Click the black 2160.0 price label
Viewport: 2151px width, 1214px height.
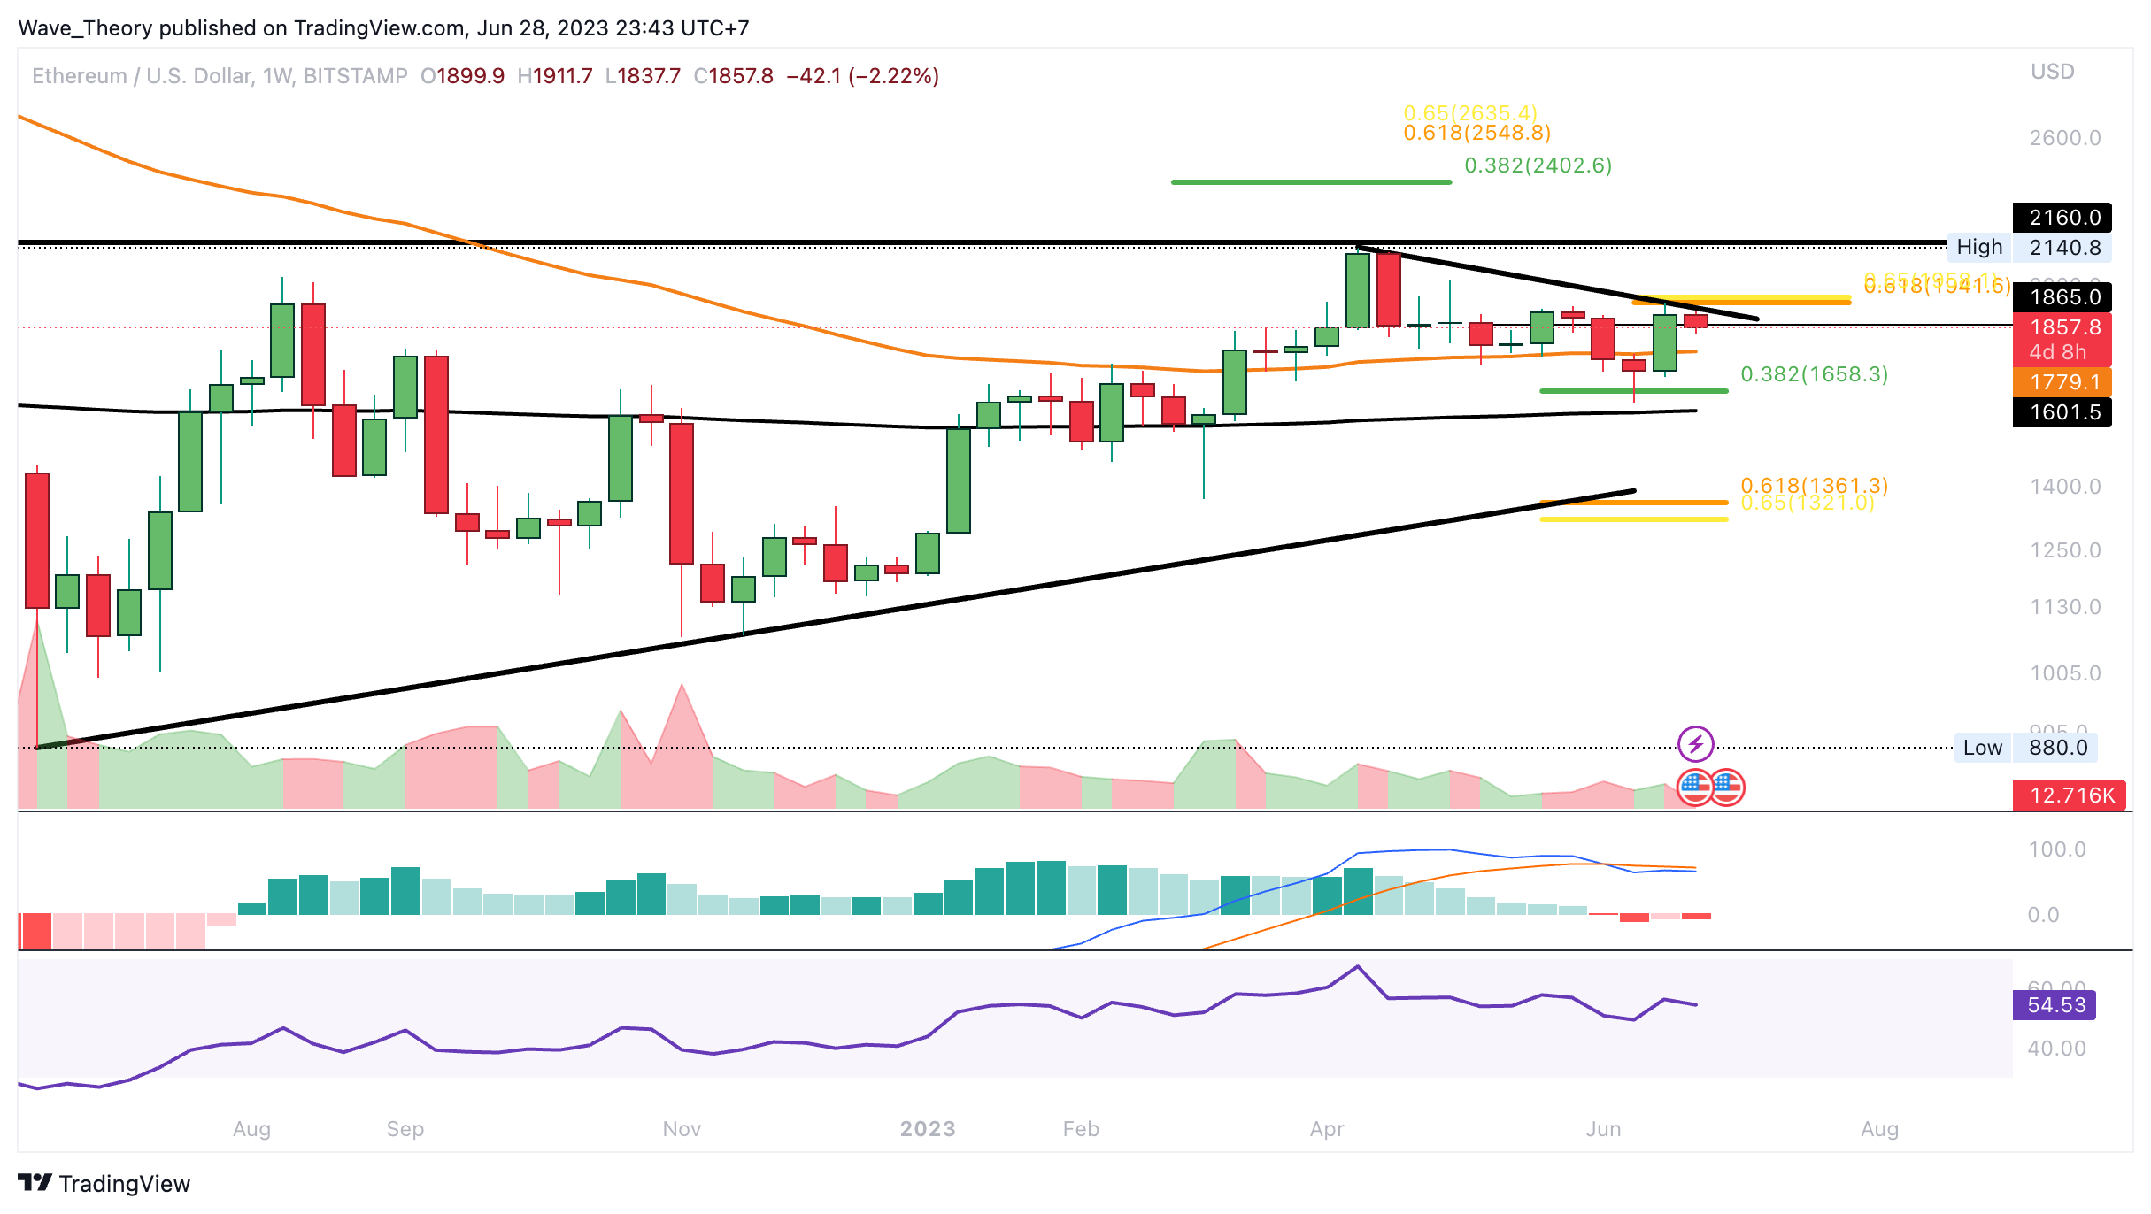point(2062,218)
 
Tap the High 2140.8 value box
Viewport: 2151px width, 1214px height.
point(2062,248)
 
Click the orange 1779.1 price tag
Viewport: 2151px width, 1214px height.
point(2062,382)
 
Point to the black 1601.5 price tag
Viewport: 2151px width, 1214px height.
point(2062,412)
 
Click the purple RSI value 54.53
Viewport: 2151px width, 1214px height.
point(2055,1005)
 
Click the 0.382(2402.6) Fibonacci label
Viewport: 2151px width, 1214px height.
point(1538,165)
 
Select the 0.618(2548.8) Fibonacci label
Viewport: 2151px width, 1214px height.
point(1477,133)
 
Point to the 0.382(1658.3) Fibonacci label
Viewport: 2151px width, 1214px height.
point(1815,374)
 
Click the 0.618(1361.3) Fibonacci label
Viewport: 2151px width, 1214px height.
point(1815,485)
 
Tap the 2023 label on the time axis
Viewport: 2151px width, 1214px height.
point(928,1129)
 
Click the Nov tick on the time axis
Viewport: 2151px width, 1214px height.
point(682,1129)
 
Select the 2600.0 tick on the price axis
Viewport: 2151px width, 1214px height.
point(2065,138)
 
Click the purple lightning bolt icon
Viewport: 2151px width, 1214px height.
point(1696,744)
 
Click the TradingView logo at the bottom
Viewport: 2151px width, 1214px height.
point(104,1184)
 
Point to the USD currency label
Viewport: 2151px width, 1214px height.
point(2053,72)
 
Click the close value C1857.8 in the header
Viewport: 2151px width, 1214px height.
point(733,76)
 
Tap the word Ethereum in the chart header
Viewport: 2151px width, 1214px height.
point(80,76)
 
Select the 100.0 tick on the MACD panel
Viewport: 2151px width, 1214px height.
point(2057,849)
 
